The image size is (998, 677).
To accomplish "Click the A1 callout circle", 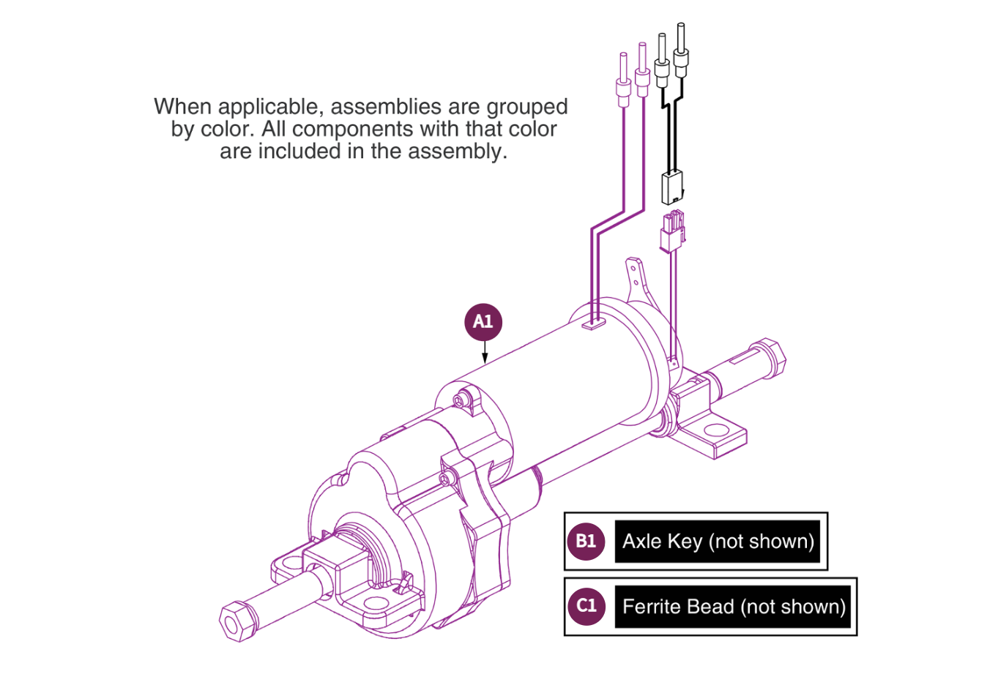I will [x=483, y=322].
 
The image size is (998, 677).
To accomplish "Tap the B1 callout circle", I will [x=586, y=542].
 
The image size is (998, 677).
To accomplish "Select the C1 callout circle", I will [x=586, y=606].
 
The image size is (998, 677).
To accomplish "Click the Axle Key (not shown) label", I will [x=718, y=542].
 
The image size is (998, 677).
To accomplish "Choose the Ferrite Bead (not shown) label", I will [x=733, y=607].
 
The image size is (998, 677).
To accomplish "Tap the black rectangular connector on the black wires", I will [x=672, y=187].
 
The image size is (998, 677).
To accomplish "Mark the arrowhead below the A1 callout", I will [x=484, y=358].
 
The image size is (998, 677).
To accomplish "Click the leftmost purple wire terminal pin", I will [x=624, y=81].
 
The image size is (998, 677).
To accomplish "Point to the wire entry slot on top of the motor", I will [x=595, y=323].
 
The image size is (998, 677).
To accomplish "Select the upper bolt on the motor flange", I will [x=459, y=400].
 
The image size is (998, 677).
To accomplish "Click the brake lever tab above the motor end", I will [x=634, y=278].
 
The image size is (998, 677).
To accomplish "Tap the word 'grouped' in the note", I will [x=527, y=107].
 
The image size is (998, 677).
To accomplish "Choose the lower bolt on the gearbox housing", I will [x=444, y=479].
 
